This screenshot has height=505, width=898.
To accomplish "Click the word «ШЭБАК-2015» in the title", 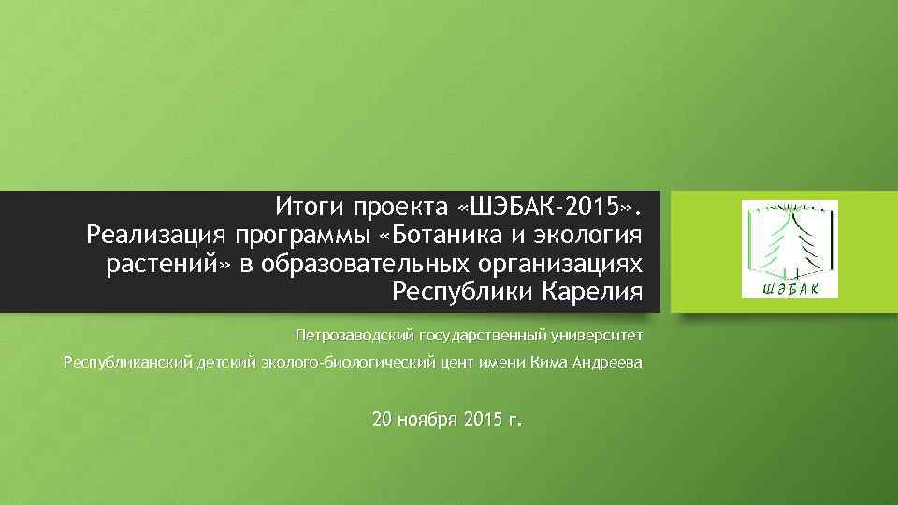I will [x=551, y=205].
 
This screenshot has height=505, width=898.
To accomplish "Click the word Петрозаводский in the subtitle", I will [x=353, y=334].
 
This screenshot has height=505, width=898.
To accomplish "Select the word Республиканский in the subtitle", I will [x=127, y=363].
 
